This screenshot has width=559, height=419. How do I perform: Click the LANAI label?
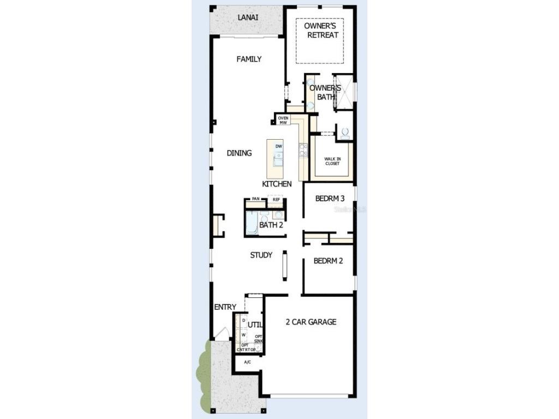[248, 17]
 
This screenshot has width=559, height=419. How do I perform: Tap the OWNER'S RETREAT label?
[321, 31]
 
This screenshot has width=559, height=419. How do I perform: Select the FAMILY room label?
[249, 59]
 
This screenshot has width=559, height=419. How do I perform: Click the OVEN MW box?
[283, 120]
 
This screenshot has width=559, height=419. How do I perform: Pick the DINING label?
[239, 153]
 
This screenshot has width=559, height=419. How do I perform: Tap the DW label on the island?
[278, 147]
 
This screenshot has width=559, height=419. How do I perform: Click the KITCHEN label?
[277, 184]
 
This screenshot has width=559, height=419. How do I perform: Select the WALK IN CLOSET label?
[332, 161]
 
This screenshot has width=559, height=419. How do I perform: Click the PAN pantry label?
[255, 199]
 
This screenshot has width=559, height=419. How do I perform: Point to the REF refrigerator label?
[276, 200]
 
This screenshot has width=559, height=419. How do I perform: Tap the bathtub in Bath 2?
[251, 223]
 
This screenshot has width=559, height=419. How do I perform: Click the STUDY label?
[261, 255]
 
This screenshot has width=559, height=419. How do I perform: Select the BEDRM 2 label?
[328, 261]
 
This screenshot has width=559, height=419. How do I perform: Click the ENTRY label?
[225, 307]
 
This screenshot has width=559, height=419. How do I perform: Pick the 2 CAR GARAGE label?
[311, 322]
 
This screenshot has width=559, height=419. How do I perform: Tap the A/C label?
[247, 362]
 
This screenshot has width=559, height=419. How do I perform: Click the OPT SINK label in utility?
[259, 339]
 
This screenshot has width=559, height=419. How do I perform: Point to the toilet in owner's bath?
[344, 133]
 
